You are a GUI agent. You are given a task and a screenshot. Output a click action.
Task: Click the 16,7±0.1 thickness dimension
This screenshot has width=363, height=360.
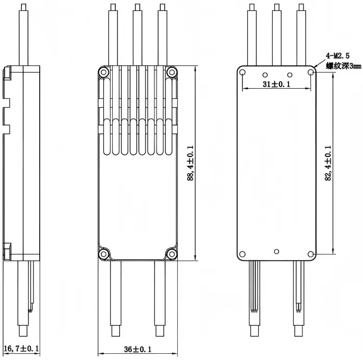coord(21,348)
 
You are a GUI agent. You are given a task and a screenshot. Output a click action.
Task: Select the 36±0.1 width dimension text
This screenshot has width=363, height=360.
coord(138,349)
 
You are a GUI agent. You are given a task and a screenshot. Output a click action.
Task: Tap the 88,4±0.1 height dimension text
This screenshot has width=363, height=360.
coord(190,163)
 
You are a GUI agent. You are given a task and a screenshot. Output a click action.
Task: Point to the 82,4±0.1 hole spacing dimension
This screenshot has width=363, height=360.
coord(328,163)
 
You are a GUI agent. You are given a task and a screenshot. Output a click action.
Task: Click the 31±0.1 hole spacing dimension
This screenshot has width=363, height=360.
coord(276,84)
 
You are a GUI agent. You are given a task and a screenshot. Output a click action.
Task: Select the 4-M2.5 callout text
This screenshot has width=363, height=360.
coord(338,56)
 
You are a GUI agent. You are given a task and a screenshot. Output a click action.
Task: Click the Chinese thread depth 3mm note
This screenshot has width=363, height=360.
coord(344,66)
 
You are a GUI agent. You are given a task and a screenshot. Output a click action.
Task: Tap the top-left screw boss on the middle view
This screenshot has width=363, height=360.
coord(104,73)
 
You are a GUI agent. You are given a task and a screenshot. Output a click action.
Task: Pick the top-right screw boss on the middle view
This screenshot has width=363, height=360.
coord(172,73)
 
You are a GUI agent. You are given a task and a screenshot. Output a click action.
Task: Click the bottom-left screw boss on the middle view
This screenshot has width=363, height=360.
coord(104,254)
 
